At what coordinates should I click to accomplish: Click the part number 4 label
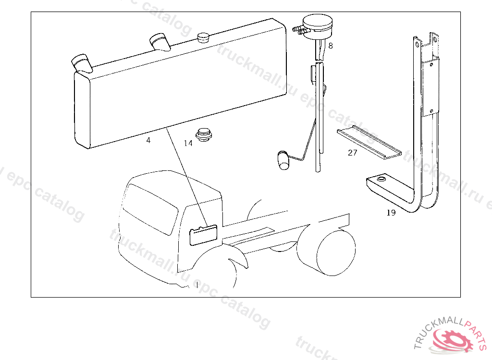tap(148, 140)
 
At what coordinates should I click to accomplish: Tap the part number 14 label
tap(188, 144)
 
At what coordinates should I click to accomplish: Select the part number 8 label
tap(331, 46)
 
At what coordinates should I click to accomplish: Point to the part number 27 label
tap(352, 153)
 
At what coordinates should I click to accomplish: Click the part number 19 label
tap(391, 213)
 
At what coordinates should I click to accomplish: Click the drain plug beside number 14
tap(204, 134)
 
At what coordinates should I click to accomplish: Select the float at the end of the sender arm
tap(283, 160)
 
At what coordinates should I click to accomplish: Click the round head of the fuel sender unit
tap(317, 27)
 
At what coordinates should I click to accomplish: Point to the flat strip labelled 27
tap(369, 142)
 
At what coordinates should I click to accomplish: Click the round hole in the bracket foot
tap(381, 179)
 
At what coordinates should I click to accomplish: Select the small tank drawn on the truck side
tap(203, 235)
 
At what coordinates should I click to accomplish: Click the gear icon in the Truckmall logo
tap(452, 340)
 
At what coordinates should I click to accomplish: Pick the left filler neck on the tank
tap(82, 64)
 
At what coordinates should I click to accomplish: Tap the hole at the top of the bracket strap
tap(417, 44)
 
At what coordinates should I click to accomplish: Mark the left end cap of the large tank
tap(82, 109)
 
